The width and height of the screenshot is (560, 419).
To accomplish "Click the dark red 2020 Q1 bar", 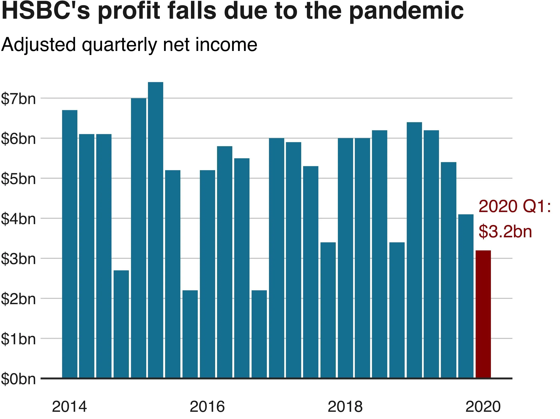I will click(x=483, y=314).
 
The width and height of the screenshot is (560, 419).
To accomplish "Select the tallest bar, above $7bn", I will click(x=155, y=228).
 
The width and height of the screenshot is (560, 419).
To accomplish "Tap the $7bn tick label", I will click(x=18, y=99).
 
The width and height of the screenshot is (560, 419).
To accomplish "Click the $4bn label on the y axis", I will click(x=18, y=219).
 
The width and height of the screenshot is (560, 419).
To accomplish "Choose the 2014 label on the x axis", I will click(x=69, y=407).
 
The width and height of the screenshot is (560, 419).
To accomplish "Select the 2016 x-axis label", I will click(x=207, y=407).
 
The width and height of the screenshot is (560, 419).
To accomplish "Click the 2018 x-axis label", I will click(x=345, y=407).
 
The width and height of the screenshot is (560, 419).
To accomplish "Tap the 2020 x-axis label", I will click(x=483, y=407).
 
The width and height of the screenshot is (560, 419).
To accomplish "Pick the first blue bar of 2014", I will click(x=70, y=243).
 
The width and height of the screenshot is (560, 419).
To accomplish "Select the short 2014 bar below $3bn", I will click(x=121, y=325).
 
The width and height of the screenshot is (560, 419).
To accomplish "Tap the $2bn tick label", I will click(x=18, y=299).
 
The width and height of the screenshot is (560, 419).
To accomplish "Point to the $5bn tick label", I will click(x=18, y=179).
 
